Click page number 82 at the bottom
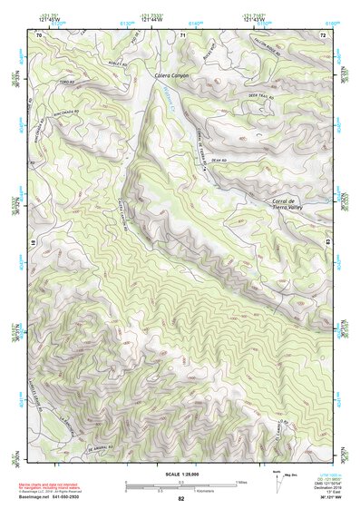[x=180, y=499]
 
